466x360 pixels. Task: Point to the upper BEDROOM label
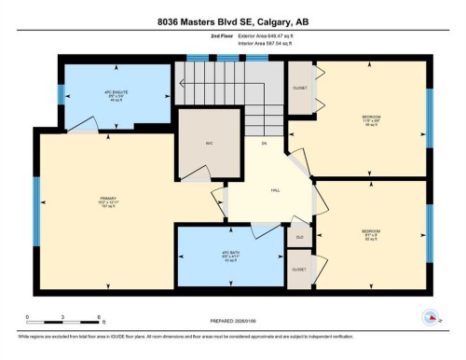[372, 119]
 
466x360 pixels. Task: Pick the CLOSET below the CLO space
[299, 269]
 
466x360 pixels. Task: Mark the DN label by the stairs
[265, 144]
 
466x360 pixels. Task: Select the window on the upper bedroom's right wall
[430, 119]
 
